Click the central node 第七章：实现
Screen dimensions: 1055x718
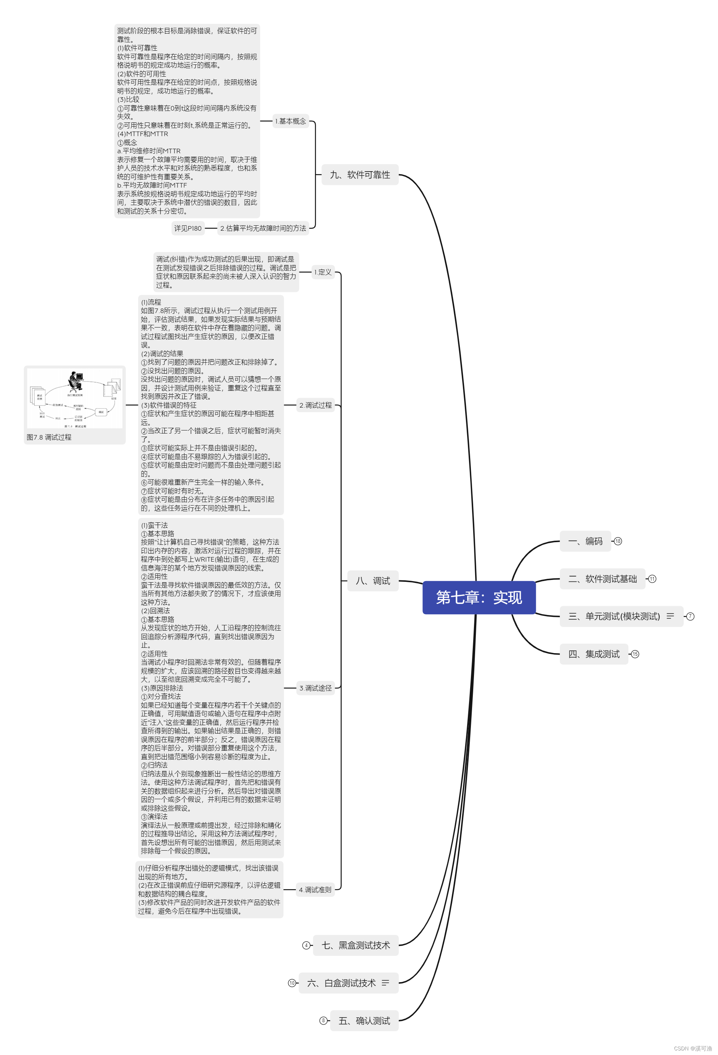pos(479,597)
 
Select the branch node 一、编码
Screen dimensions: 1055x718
pos(585,541)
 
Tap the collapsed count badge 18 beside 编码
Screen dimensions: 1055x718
pos(618,541)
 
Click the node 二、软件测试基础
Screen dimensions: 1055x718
pos(602,579)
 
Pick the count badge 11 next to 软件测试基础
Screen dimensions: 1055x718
pos(652,579)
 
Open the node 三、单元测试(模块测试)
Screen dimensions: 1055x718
pos(614,616)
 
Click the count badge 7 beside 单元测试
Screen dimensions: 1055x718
pos(690,616)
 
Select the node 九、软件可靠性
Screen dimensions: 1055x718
pos(360,175)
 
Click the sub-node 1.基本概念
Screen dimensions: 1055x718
pos(291,121)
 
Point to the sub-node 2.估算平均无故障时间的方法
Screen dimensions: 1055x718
pos(263,228)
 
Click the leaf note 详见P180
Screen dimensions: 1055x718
pos(188,228)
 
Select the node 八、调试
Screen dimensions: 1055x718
pos(373,581)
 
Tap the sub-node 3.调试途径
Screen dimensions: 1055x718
pos(315,688)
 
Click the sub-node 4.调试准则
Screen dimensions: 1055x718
pos(315,890)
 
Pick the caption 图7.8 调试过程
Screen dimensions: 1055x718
pos(49,437)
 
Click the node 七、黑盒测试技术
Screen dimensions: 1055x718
pos(355,945)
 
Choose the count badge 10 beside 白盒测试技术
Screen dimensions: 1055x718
pos(292,983)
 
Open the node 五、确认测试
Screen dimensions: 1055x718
pos(364,1021)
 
